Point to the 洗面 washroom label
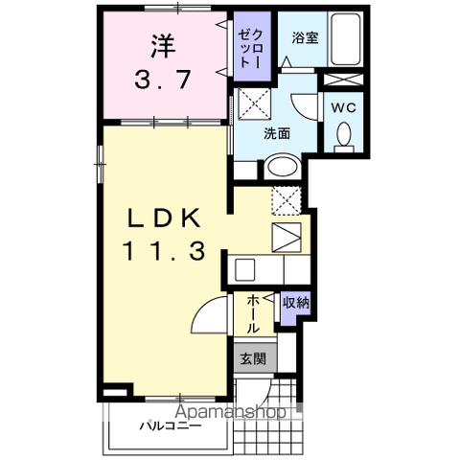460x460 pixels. click(x=278, y=134)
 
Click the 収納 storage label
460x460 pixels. click(x=295, y=304)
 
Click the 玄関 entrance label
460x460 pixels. click(x=254, y=359)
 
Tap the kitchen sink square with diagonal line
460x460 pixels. click(x=287, y=235)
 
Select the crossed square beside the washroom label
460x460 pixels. click(x=252, y=101)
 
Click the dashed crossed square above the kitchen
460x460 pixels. click(x=287, y=200)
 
